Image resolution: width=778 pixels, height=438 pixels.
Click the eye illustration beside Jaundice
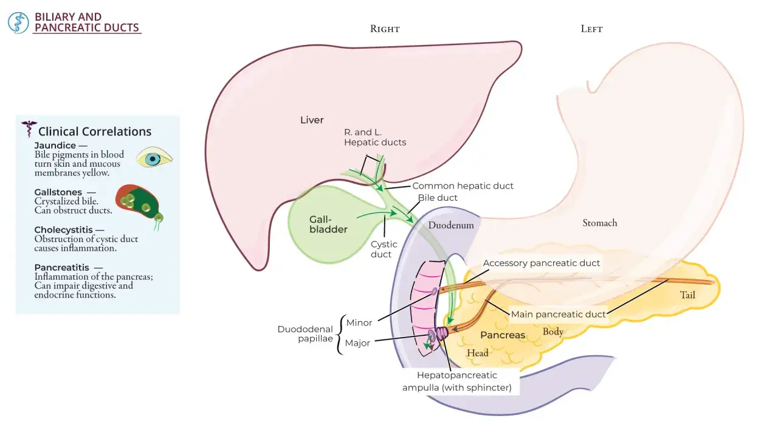[154, 159]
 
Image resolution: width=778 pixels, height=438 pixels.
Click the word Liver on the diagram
[312, 120]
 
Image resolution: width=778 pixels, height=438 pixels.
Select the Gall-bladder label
[328, 224]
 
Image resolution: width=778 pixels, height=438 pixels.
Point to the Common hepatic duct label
[463, 186]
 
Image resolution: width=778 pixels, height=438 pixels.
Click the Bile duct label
[437, 198]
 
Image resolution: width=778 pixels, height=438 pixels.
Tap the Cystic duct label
[384, 249]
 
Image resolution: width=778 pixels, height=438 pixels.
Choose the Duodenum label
[451, 225]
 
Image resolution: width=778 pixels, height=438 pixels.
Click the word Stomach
[600, 223]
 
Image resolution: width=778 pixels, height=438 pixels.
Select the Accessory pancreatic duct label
[541, 263]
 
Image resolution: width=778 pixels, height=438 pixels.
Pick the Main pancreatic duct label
[558, 315]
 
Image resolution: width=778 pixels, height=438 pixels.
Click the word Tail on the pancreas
[687, 295]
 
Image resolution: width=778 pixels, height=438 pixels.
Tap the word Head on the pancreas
[478, 353]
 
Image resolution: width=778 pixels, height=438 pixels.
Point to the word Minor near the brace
[359, 323]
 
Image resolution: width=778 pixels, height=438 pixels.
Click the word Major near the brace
[357, 343]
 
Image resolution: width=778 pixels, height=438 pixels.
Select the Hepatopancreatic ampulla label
[456, 381]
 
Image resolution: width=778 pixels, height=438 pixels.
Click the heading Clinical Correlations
[95, 131]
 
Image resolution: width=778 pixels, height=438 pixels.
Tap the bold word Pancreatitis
[62, 268]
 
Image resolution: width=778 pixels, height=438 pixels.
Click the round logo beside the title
[18, 23]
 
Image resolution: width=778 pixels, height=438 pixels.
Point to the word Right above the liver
[385, 29]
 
